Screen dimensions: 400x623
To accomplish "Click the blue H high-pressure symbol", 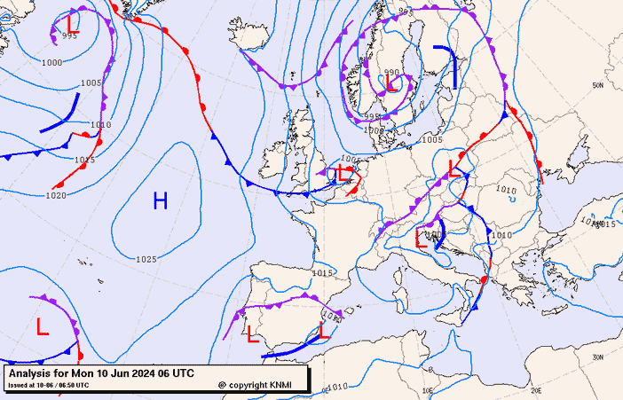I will pyautogui.click(x=160, y=200).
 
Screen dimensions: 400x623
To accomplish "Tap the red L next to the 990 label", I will pyautogui.click(x=390, y=84).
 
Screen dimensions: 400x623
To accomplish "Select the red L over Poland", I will pyautogui.click(x=455, y=168).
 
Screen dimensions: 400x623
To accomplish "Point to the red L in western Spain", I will pyautogui.click(x=252, y=334).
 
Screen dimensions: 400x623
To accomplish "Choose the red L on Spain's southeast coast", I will pyautogui.click(x=324, y=331).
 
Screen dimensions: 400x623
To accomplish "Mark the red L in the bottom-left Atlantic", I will pyautogui.click(x=43, y=326).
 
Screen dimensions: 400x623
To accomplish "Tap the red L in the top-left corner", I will pyautogui.click(x=73, y=21).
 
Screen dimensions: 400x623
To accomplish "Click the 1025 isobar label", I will pyautogui.click(x=147, y=259).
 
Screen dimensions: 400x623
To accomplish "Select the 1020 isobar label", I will pyautogui.click(x=55, y=195).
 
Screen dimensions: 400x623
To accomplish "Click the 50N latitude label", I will pyautogui.click(x=598, y=85).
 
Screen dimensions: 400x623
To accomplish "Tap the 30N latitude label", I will pyautogui.click(x=598, y=357).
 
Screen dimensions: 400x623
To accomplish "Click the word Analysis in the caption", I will pyautogui.click(x=30, y=374).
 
